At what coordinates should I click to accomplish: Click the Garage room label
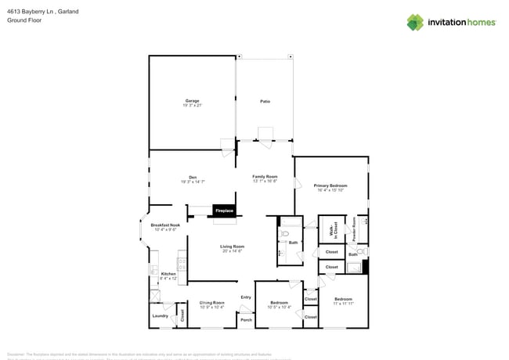(x=192, y=102)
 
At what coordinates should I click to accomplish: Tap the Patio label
(x=265, y=102)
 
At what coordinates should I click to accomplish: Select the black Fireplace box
(x=225, y=211)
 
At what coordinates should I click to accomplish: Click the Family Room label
(x=265, y=178)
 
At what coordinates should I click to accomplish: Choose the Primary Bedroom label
(x=331, y=186)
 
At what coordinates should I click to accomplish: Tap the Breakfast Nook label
(x=165, y=226)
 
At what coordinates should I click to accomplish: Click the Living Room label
(x=232, y=248)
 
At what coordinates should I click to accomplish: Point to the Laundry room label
(x=160, y=316)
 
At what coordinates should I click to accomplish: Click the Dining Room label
(x=211, y=304)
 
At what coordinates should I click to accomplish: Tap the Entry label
(x=246, y=297)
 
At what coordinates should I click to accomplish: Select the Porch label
(x=246, y=319)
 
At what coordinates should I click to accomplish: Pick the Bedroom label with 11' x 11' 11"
(x=344, y=301)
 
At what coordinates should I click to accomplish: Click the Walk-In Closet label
(x=333, y=229)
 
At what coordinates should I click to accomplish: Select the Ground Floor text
(x=23, y=21)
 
